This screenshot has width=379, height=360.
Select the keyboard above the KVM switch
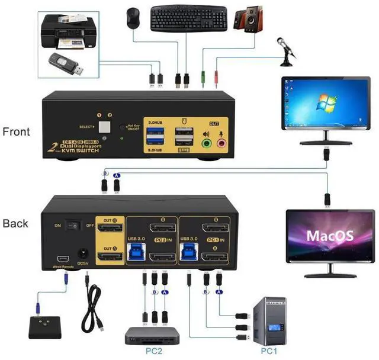click(188, 18)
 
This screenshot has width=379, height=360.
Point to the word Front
click(16, 131)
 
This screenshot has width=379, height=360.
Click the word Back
click(15, 223)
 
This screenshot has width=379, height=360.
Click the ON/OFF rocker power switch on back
click(73, 226)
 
